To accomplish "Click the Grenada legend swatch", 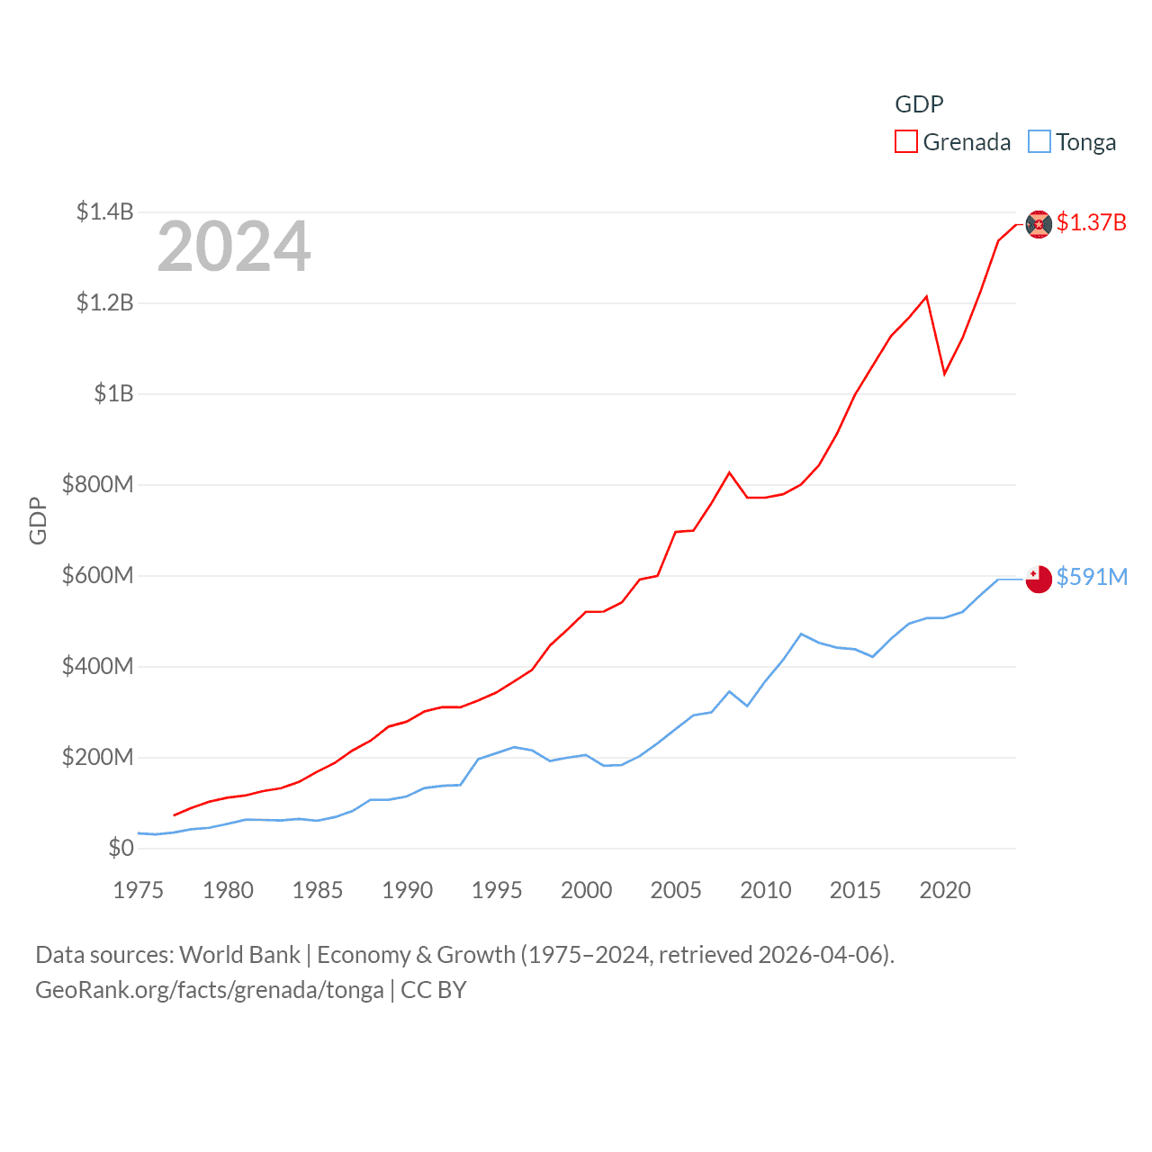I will point(905,142).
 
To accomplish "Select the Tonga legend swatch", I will point(1039,142).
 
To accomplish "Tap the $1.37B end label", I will point(1091,222).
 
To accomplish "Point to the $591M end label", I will point(1092,577).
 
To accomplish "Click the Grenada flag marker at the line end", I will point(1039,224).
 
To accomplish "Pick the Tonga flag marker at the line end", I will point(1039,579).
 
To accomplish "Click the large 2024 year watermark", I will point(234,247).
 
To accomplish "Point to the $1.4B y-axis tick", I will point(105,212).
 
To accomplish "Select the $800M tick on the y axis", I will point(98,485).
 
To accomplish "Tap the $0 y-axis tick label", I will point(121,848).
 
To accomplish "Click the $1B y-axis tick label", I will point(113,394).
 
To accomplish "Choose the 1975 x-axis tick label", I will point(139,890).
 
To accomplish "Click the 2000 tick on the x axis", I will point(587,890).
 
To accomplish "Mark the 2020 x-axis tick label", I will point(945,890).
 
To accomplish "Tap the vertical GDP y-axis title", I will point(38,520).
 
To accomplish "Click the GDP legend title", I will point(919,104).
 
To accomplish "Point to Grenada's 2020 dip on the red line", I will point(944,373).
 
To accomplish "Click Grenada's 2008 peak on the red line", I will point(729,472).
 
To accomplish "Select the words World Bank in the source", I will point(239,955).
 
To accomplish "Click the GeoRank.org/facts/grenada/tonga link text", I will point(210,990).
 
